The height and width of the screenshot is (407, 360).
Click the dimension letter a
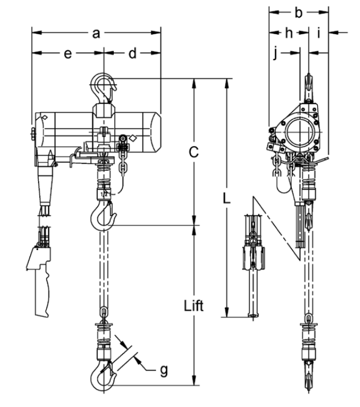tap(96, 33)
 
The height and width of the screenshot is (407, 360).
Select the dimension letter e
tap(68, 54)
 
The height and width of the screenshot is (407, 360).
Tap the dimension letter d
tap(132, 53)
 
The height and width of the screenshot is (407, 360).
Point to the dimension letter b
tap(299, 12)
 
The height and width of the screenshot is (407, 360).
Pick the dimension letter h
tap(289, 33)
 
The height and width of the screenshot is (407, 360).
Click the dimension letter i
tap(319, 33)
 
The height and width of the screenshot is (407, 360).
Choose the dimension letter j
tap(276, 54)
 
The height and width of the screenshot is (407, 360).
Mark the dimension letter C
tap(194, 152)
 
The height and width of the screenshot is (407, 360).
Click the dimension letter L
tap(227, 199)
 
